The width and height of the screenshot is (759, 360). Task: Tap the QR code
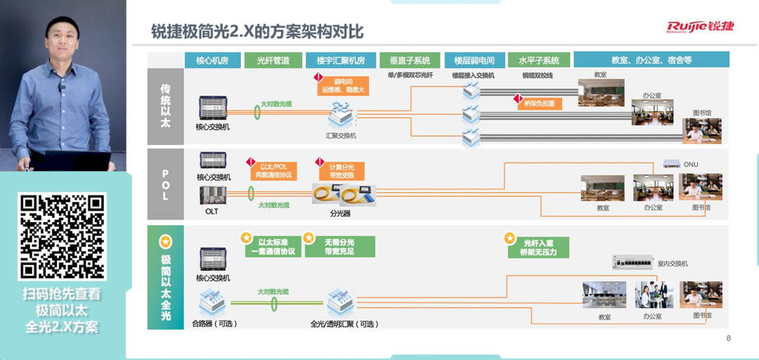(x=62, y=236)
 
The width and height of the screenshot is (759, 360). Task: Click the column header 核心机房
(x=212, y=60)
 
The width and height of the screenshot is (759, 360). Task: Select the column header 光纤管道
(x=273, y=60)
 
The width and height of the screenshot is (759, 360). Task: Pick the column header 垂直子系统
(x=410, y=60)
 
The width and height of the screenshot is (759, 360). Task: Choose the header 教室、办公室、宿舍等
(x=651, y=60)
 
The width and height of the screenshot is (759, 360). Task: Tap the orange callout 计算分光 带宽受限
(x=342, y=171)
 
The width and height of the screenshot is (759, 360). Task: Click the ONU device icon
(x=672, y=165)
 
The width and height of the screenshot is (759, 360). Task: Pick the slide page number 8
(x=729, y=338)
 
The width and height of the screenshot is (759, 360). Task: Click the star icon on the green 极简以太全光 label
(x=166, y=242)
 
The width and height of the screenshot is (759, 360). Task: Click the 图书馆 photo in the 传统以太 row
(x=702, y=131)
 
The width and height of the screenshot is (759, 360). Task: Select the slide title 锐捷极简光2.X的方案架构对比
(x=258, y=32)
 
